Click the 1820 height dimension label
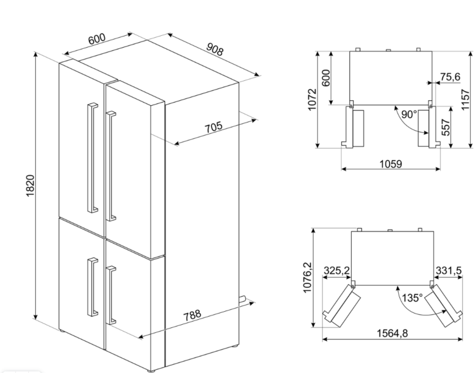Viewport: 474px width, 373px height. [30, 186]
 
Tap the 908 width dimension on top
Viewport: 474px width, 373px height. [215, 49]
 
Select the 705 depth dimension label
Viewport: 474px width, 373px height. [214, 127]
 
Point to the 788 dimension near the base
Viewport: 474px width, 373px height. [193, 315]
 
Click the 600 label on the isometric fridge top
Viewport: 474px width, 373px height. [97, 39]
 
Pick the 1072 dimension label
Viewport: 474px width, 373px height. [312, 100]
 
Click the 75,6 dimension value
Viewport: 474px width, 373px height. [450, 77]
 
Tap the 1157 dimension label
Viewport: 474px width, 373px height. [465, 100]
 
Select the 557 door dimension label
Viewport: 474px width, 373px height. [446, 127]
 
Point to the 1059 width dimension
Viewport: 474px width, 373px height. [391, 164]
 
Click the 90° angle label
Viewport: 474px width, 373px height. [409, 114]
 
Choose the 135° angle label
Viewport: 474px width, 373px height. [412, 298]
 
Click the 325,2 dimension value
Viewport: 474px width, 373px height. [337, 270]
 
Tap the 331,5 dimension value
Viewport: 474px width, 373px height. [449, 270]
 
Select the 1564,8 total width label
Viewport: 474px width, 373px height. [392, 333]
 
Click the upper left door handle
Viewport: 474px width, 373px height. [92, 158]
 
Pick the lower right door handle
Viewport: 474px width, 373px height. [111, 295]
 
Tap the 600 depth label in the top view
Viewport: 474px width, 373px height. [326, 78]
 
